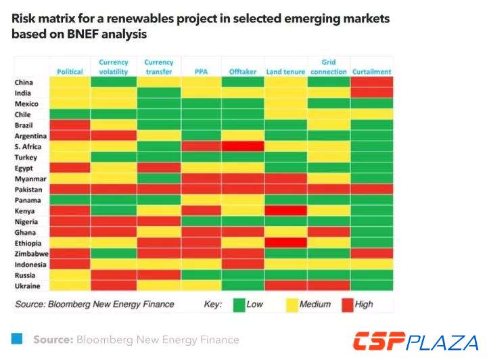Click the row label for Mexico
click(26, 104)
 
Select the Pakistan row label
click(28, 189)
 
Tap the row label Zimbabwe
click(31, 254)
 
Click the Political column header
click(70, 71)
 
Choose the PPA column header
click(202, 71)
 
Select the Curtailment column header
click(371, 71)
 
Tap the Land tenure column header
click(286, 71)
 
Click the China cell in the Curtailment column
click(371, 82)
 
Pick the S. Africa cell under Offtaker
click(243, 146)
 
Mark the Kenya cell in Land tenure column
click(286, 210)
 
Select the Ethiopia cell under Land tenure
click(286, 243)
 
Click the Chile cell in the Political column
click(70, 114)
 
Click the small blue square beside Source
click(17, 337)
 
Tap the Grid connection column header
click(329, 66)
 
